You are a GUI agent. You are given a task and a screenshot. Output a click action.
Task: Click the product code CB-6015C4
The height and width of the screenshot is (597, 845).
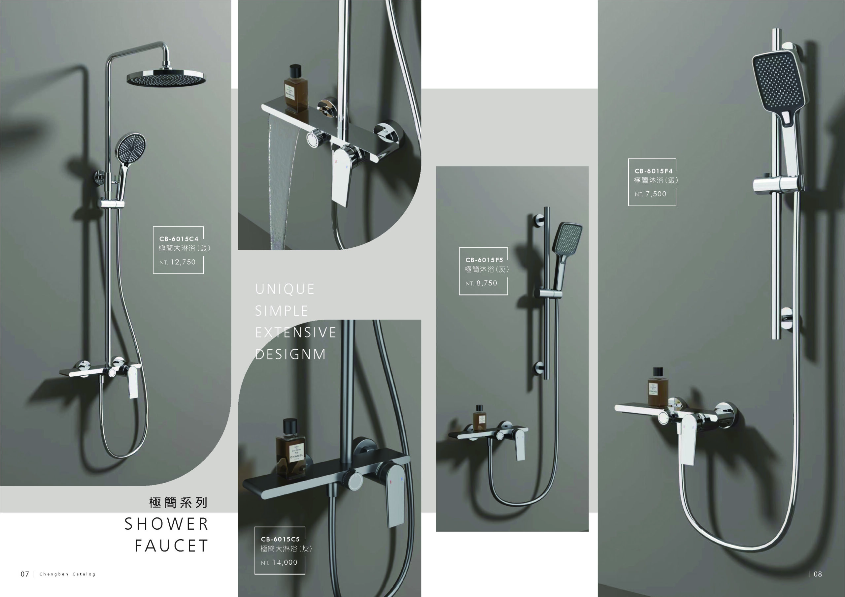point(179,239)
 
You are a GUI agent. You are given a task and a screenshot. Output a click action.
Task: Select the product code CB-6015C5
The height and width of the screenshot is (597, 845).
point(280,539)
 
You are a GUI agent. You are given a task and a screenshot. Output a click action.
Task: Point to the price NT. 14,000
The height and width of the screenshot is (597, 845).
point(279,562)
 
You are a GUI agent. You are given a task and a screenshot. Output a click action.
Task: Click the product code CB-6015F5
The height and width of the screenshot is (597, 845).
point(484,260)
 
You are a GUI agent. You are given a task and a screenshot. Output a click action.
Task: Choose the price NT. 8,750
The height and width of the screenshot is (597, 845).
point(481,283)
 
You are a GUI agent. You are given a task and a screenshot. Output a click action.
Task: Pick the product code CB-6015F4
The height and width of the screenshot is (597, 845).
point(653,171)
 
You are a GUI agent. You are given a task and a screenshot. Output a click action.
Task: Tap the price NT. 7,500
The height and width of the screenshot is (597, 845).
point(650,194)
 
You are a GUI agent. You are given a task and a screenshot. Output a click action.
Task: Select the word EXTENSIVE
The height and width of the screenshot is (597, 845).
point(296,332)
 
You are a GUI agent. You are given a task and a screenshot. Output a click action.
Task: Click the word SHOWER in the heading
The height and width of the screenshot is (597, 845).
point(166,524)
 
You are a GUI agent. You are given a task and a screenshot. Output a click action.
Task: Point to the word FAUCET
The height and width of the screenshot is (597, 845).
point(172,546)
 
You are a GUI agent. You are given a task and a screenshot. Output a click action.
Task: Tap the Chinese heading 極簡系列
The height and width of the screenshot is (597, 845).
point(179,502)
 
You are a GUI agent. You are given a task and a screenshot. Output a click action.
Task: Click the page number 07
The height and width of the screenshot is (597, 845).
point(25,574)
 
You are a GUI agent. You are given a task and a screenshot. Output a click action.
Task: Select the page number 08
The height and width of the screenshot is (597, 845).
point(818,574)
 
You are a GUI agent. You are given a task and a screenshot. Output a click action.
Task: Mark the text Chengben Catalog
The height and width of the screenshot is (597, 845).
point(67,574)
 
